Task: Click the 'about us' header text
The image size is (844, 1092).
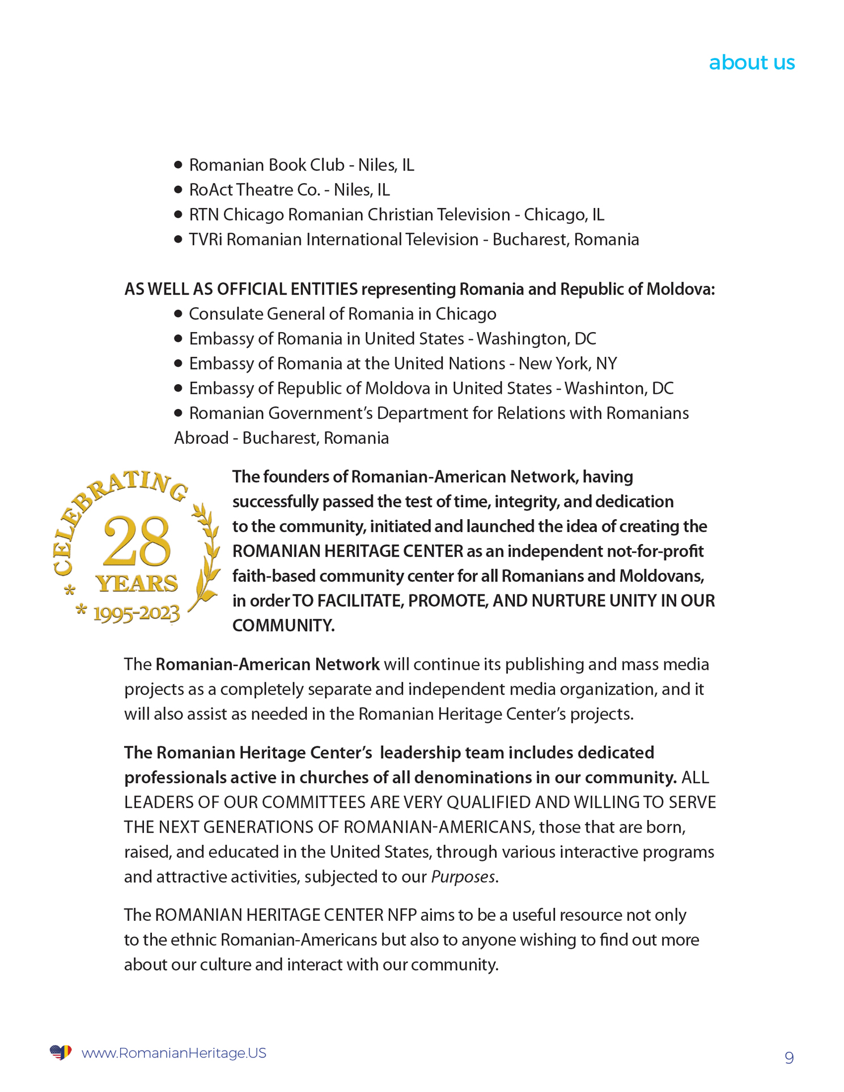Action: coord(751,62)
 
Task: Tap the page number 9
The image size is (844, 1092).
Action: coord(788,1057)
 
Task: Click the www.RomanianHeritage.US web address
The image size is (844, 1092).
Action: coord(173,1053)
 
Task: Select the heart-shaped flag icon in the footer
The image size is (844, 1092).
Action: coord(61,1052)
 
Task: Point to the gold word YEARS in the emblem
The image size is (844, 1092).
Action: coord(137,583)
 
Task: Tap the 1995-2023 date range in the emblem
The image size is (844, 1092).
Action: coord(136,613)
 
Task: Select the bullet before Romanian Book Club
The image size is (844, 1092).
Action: coord(178,165)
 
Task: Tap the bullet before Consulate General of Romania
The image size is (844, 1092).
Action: coord(178,314)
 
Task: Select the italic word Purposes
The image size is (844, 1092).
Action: coord(463,877)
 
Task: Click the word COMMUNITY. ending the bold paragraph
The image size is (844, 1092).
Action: coord(283,626)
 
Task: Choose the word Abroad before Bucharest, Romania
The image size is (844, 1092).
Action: coord(201,439)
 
